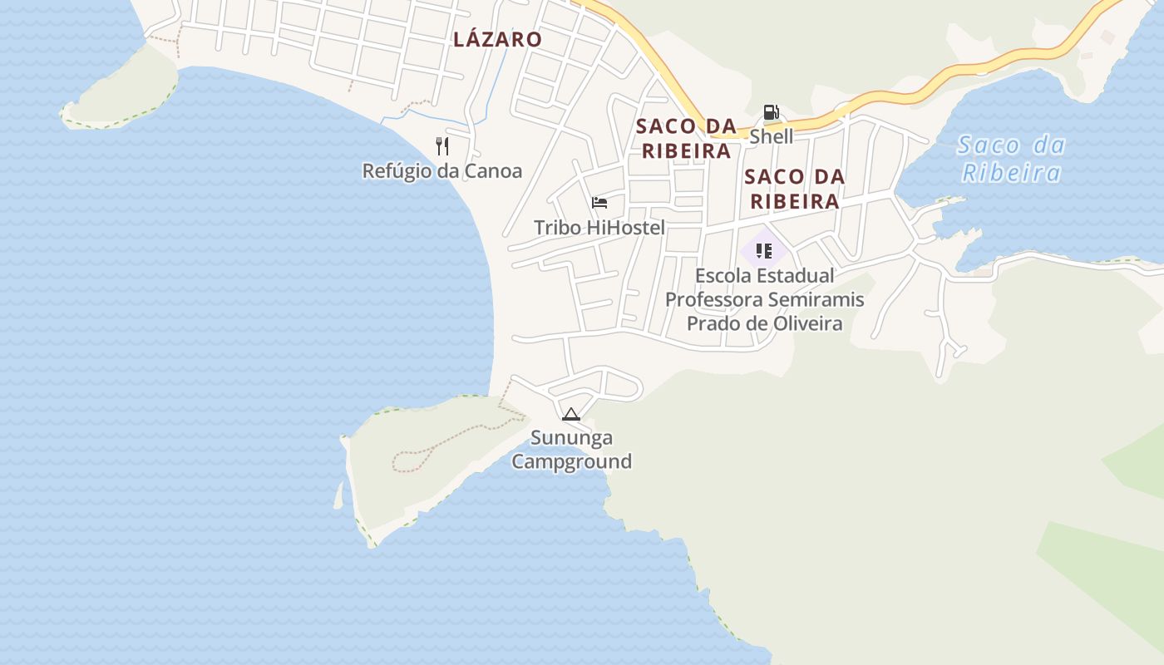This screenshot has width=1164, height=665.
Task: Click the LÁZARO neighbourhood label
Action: coord(497,39)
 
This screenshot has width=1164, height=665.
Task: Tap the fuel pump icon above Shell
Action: coord(771,112)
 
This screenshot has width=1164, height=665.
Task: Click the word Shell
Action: coord(771,136)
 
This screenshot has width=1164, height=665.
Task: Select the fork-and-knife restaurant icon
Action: coord(442,147)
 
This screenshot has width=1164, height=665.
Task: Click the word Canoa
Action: coord(493,171)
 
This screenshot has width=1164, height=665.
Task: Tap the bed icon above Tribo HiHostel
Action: coord(599,203)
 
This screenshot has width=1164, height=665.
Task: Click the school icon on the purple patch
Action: coord(764,250)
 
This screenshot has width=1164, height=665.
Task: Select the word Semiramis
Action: coord(822,299)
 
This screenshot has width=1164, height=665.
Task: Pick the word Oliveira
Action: coord(806,323)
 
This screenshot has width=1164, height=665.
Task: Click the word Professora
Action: coord(713,299)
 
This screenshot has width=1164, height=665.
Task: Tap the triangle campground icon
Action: coord(570,414)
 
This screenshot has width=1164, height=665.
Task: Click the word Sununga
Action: coord(571,438)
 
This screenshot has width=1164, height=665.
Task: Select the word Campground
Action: coord(571,461)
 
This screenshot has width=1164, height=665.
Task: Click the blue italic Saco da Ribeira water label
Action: coord(1010,159)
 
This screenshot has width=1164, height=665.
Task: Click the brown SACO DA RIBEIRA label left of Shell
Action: coord(686,139)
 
